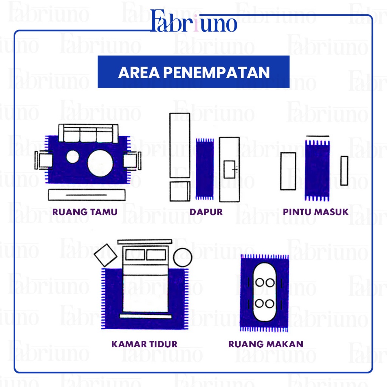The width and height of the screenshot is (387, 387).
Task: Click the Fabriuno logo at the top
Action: tap(194, 22)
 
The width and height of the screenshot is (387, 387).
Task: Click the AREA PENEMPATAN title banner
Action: tap(193, 72)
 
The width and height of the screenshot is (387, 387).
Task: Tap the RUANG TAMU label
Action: tap(85, 212)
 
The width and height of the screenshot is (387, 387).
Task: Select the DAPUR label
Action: tap(206, 212)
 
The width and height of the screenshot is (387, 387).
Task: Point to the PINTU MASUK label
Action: tap(316, 212)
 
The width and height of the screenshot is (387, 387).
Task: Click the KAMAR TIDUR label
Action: tap(144, 344)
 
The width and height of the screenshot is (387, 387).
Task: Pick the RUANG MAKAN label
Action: tap(266, 344)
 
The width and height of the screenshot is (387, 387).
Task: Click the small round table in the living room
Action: tap(72, 156)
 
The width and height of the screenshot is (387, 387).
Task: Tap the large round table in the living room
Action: tap(100, 163)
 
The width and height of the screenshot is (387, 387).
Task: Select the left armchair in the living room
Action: tap(43, 160)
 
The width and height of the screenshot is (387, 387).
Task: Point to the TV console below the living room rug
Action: tap(87, 195)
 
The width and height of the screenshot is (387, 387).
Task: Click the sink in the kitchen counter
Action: tap(230, 169)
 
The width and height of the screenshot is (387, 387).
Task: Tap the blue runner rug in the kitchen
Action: tap(205, 169)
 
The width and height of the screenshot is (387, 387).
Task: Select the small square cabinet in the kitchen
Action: tap(180, 191)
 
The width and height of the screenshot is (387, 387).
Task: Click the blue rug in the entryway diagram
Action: tap(317, 170)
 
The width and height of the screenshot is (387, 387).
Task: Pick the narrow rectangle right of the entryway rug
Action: tap(344, 171)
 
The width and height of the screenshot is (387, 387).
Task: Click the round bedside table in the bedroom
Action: tap(183, 257)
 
